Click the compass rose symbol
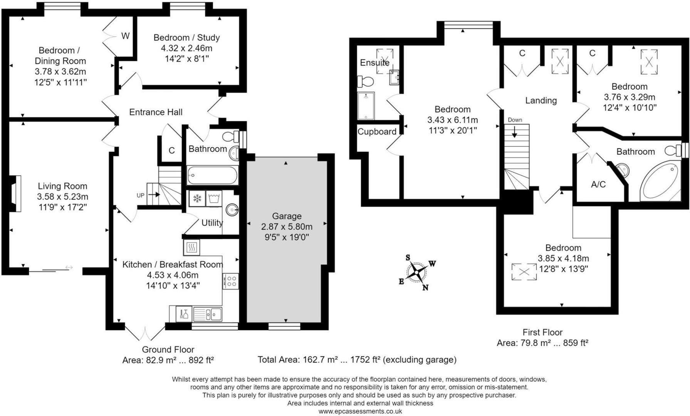(x=417, y=272)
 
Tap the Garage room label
(x=287, y=216)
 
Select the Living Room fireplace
(x=15, y=194)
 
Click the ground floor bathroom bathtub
(x=213, y=176)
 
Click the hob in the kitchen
(x=230, y=281)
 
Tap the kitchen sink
(x=208, y=314)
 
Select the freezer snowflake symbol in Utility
(x=197, y=199)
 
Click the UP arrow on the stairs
(x=153, y=195)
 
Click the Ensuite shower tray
(x=366, y=106)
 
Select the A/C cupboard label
(x=598, y=185)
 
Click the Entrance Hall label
(x=156, y=112)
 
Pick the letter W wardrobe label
(x=125, y=36)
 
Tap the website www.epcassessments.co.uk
(x=360, y=411)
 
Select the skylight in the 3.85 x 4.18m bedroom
(x=524, y=272)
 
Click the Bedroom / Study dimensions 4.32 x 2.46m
(x=186, y=48)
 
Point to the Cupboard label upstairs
(x=377, y=132)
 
